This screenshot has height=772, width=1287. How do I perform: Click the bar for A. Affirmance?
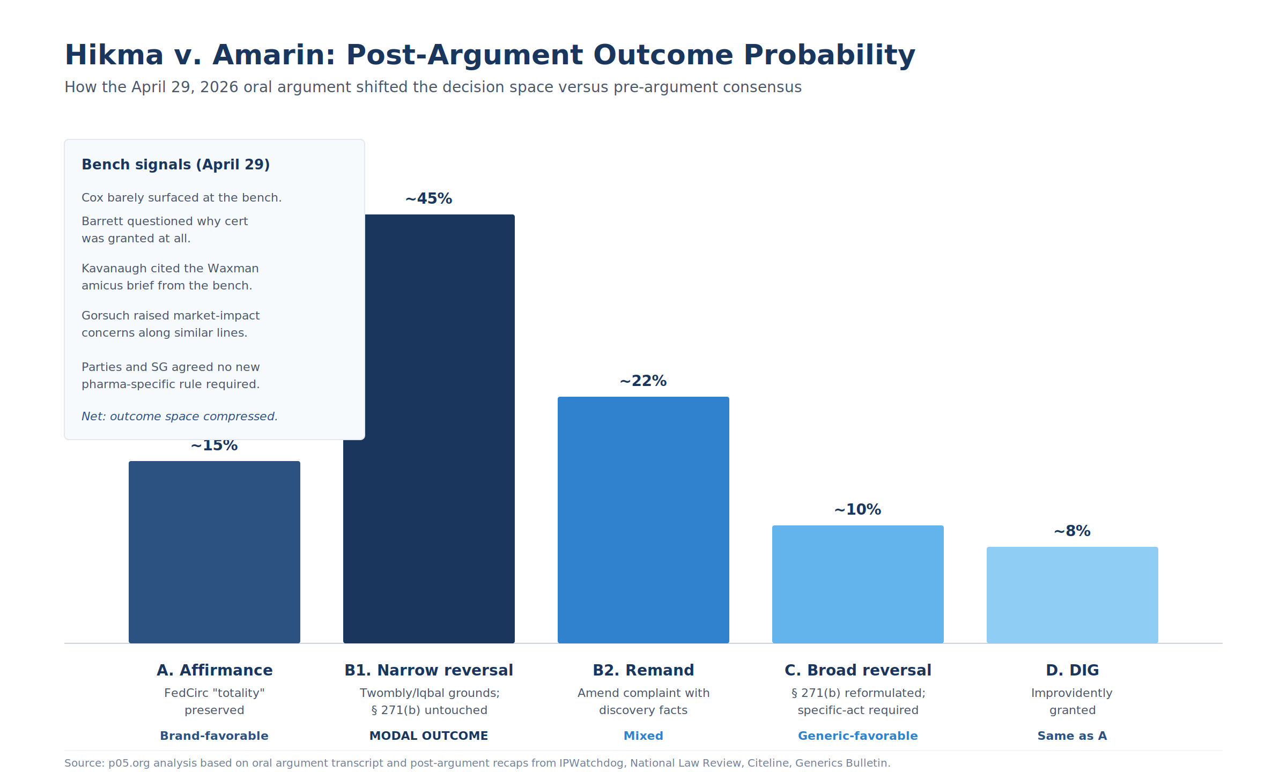(x=214, y=552)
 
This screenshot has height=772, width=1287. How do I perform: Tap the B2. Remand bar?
(x=643, y=520)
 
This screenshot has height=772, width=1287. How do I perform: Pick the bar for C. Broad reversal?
(x=858, y=584)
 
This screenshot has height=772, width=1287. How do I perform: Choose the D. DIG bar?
(x=1072, y=595)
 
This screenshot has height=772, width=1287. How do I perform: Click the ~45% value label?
(x=429, y=199)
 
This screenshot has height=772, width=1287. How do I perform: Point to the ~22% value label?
(x=643, y=381)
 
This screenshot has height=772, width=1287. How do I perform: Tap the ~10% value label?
(x=858, y=510)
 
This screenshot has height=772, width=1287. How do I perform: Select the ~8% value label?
(x=1072, y=531)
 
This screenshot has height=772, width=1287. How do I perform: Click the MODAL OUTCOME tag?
(x=429, y=736)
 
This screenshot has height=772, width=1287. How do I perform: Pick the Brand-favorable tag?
(x=214, y=736)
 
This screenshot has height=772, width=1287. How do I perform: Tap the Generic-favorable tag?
(x=858, y=736)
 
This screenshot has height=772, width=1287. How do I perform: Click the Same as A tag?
(x=1072, y=736)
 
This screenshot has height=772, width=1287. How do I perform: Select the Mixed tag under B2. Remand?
(x=643, y=736)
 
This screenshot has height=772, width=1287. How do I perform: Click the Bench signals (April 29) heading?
(x=176, y=165)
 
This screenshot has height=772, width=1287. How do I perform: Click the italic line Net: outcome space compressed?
(x=180, y=417)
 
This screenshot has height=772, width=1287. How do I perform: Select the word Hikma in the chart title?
(x=114, y=55)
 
